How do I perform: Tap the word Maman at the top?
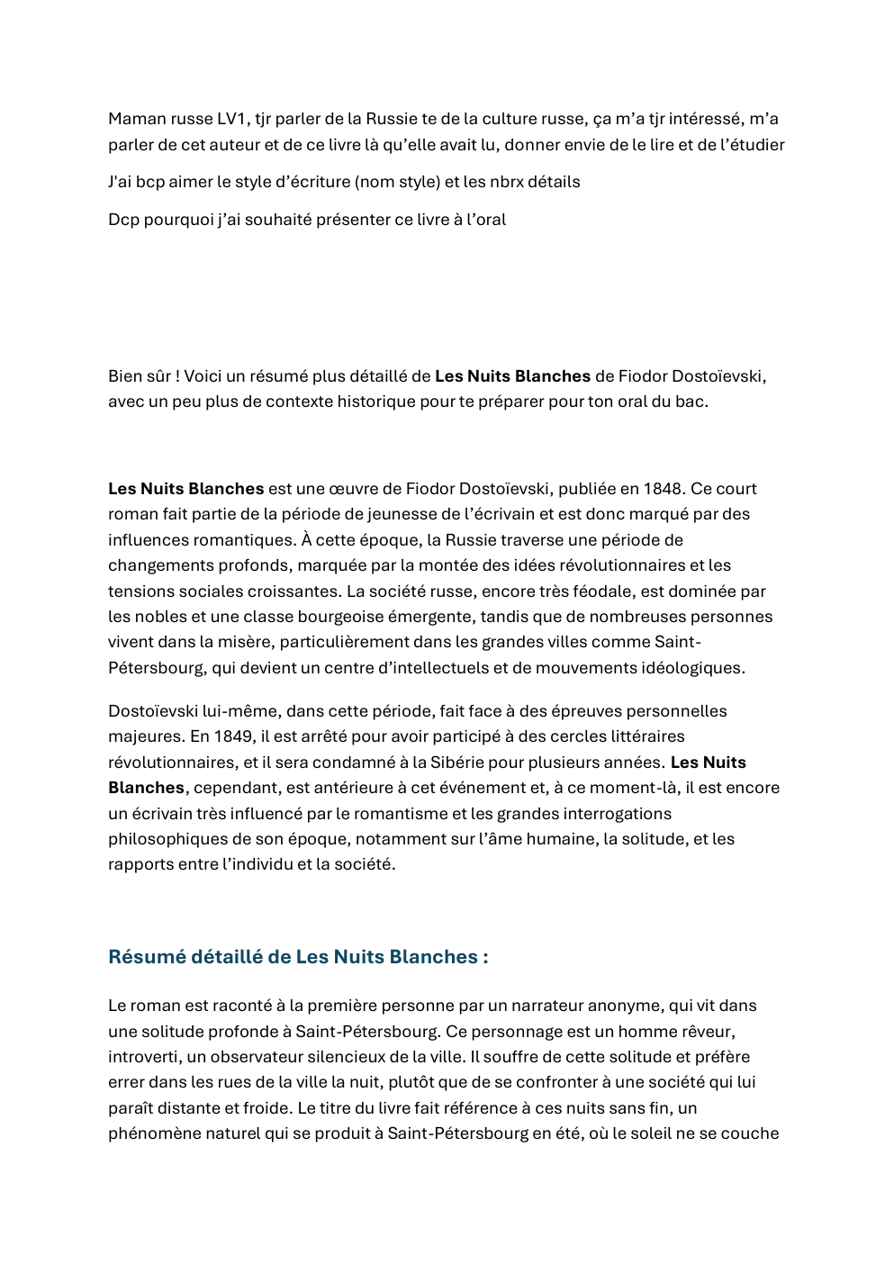point(137,119)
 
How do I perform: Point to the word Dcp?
point(123,220)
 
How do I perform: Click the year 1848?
point(662,489)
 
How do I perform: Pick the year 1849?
point(233,736)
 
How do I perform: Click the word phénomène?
point(149,1133)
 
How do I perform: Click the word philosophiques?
point(167,839)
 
